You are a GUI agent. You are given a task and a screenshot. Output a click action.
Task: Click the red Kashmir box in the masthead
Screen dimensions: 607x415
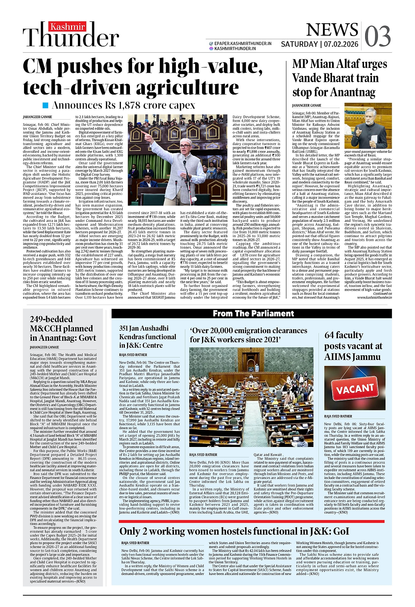click(x=68, y=27)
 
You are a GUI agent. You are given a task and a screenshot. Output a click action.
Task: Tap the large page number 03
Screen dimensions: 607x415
click(x=378, y=36)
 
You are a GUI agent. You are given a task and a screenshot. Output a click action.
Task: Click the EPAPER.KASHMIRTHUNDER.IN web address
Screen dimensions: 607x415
click(x=243, y=43)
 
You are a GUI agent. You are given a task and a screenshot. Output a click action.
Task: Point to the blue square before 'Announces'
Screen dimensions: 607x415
click(x=46, y=105)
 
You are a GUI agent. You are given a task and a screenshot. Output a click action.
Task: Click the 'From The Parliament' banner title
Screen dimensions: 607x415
click(x=253, y=314)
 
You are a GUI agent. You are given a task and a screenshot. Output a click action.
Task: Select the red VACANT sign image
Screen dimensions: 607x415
click(x=355, y=389)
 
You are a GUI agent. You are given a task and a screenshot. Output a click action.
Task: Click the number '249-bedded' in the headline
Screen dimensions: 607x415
click(x=51, y=319)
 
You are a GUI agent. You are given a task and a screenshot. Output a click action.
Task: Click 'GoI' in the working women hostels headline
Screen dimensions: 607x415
click(x=341, y=531)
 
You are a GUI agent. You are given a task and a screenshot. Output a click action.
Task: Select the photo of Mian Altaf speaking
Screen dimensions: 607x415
click(x=368, y=125)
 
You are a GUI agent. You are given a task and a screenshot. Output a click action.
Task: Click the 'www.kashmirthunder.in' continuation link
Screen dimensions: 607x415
click(x=374, y=297)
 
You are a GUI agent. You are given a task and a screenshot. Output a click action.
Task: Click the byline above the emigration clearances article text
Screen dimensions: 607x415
click(x=203, y=455)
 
